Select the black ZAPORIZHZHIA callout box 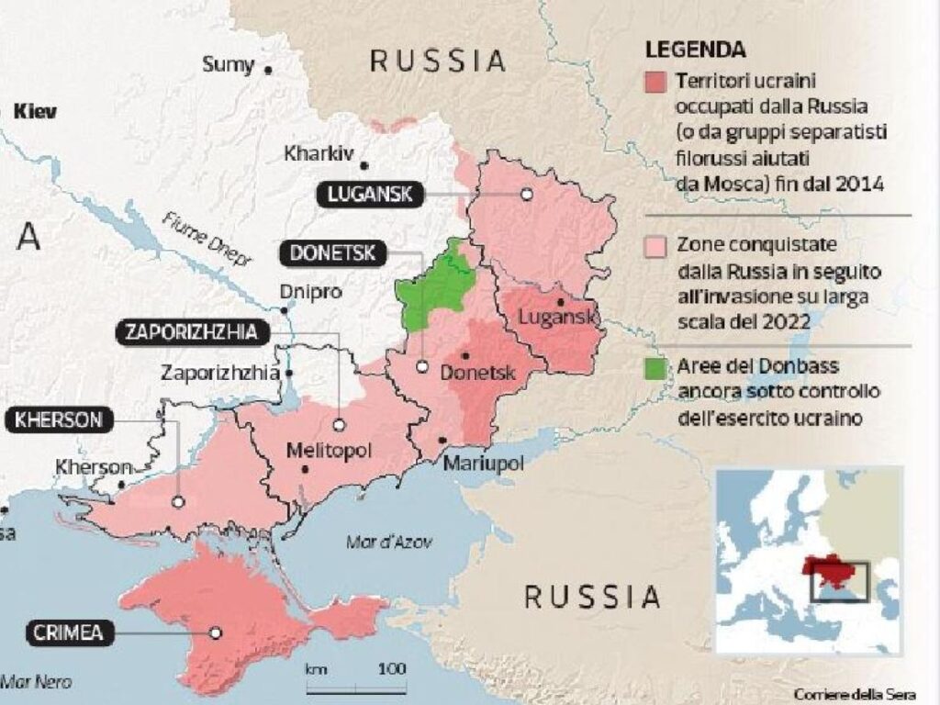click(x=193, y=332)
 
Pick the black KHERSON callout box click(x=58, y=421)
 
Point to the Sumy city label click(x=227, y=64)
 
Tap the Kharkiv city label click(x=319, y=152)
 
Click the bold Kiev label click(x=36, y=112)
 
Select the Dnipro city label click(x=303, y=292)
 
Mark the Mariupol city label click(x=483, y=464)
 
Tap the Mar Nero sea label click(x=36, y=682)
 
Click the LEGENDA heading click(x=696, y=50)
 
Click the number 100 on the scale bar click(x=391, y=667)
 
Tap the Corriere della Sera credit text click(x=855, y=692)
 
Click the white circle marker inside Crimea click(x=215, y=632)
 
